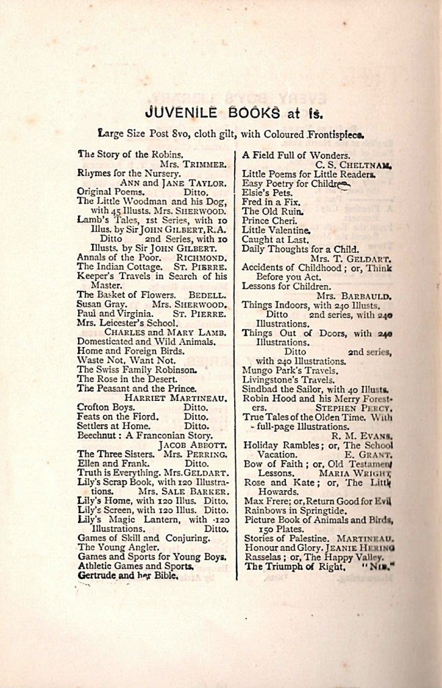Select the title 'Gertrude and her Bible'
[x=128, y=575]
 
